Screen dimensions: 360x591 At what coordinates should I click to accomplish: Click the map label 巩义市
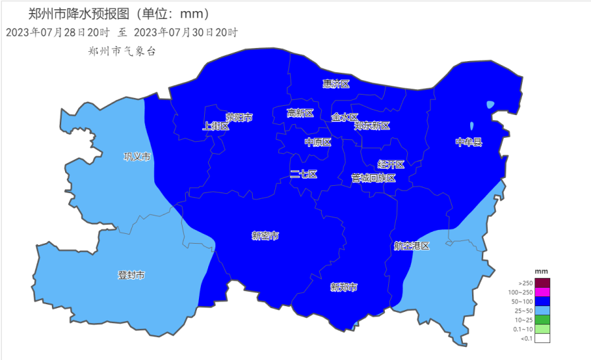coord(137,156)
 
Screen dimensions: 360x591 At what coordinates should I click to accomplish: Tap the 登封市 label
coord(131,275)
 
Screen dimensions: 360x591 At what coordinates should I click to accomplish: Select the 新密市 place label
coord(265,235)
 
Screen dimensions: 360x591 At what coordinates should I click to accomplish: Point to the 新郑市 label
coord(344,287)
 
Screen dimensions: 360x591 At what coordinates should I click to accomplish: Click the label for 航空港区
coord(412,246)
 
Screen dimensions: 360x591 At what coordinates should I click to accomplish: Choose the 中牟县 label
coord(469,142)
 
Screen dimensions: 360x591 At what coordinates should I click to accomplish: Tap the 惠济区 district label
coord(336,83)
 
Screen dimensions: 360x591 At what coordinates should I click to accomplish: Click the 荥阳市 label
coord(239,117)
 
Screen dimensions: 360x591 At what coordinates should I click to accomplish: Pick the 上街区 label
coord(216,126)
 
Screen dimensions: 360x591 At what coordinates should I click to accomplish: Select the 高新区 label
coord(300,113)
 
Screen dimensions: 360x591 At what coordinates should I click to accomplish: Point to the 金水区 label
coord(345,117)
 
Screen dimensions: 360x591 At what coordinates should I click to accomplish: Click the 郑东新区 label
coord(372,125)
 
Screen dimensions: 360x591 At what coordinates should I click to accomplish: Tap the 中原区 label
coord(318,142)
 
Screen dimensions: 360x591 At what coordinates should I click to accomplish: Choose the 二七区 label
coord(304,174)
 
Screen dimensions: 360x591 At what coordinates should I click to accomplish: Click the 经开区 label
coord(391,164)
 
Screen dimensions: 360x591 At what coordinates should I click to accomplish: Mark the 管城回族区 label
coord(374,177)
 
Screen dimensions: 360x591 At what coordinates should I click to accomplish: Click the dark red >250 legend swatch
coord(542,283)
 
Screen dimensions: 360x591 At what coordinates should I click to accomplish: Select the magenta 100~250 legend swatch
coord(542,292)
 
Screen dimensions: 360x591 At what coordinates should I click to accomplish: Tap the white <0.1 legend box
coord(542,338)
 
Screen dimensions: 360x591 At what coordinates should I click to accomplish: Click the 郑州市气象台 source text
coord(121,51)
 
